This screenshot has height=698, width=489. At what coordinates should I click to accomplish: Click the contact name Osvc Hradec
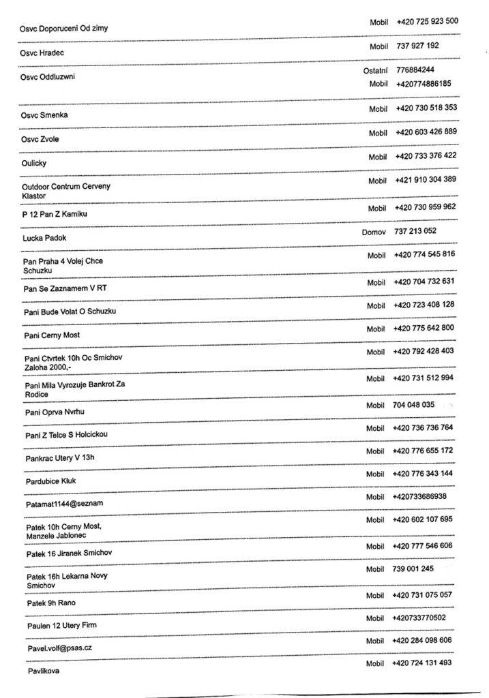(x=42, y=52)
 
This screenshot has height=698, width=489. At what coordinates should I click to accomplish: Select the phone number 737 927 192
(x=417, y=46)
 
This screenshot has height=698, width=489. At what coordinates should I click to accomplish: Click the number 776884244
(x=415, y=70)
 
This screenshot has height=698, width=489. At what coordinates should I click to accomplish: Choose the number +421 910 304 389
(x=426, y=180)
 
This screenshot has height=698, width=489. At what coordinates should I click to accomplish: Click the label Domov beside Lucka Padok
(x=374, y=232)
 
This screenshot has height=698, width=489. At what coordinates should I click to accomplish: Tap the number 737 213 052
(x=415, y=231)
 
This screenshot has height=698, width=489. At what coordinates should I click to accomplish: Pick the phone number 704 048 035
(x=414, y=405)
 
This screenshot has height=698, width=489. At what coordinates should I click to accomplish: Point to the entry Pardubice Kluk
(x=50, y=481)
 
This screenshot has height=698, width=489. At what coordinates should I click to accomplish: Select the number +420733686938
(x=419, y=496)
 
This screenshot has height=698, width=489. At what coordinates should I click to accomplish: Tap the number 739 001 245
(x=413, y=568)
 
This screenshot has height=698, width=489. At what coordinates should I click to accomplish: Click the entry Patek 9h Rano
(x=51, y=603)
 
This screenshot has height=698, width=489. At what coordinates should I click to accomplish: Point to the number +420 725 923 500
(x=427, y=21)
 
